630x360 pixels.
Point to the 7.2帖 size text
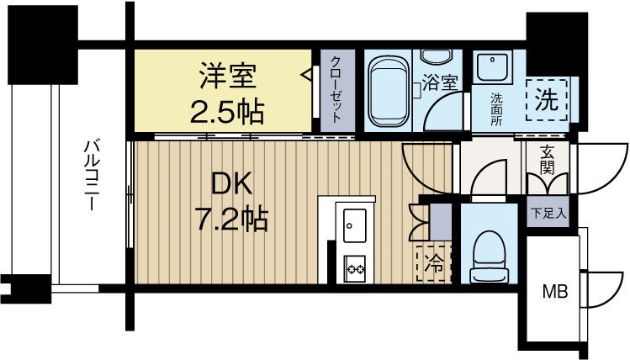(232, 220)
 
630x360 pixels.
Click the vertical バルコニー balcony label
(90, 177)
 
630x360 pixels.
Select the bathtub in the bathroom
(389, 88)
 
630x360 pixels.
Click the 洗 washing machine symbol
(546, 100)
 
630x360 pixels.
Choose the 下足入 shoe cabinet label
(548, 213)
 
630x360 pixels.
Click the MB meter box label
(553, 292)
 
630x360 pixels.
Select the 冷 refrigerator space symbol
(434, 262)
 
